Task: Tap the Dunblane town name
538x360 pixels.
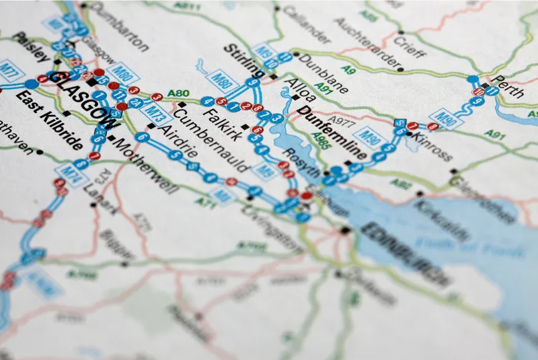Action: [322, 73]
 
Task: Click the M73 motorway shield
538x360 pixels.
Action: [155, 109]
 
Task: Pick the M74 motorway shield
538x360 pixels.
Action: [67, 172]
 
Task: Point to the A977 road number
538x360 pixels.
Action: [341, 122]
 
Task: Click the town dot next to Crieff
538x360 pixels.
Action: [401, 32]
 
